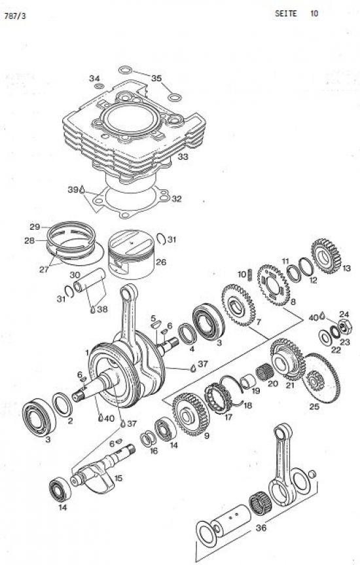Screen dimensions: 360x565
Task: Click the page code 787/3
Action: [x=14, y=17]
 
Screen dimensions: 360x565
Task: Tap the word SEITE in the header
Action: [x=286, y=14]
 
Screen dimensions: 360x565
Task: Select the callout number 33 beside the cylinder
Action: [x=183, y=156]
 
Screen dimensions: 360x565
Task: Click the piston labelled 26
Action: [x=132, y=254]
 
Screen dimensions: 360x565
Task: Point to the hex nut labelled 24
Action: [x=345, y=326]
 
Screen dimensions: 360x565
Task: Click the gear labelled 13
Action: [x=326, y=255]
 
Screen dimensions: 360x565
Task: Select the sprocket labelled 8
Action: [x=274, y=285]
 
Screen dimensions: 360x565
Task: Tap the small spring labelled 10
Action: [x=250, y=274]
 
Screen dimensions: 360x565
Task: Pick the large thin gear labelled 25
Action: [x=321, y=378]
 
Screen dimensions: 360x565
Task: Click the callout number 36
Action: [x=261, y=528]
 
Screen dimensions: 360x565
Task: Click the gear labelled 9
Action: [x=190, y=414]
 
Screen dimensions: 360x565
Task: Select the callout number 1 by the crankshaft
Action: [x=87, y=353]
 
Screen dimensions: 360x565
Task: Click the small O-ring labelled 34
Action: [x=99, y=86]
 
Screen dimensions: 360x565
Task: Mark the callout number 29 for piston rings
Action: [x=35, y=227]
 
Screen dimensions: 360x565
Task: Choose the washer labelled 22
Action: [x=325, y=338]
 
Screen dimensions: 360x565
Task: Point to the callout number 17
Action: [x=228, y=417]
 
